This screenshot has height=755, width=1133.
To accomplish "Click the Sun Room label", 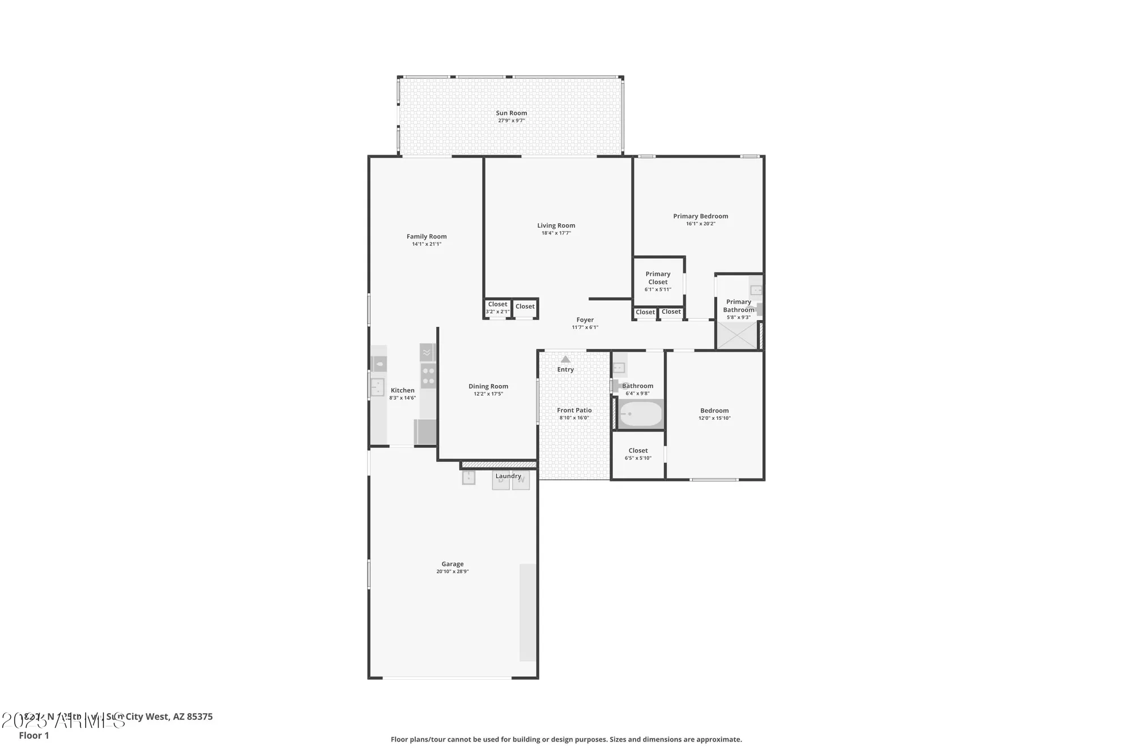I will point(511,113).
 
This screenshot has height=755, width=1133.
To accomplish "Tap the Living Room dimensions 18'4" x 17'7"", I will point(556,233).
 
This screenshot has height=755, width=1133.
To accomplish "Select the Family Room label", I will point(426,237).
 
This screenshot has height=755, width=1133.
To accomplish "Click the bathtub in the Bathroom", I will point(640,414).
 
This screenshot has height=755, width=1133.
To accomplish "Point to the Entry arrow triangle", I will point(565,359).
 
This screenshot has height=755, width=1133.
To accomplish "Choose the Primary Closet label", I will point(658,278).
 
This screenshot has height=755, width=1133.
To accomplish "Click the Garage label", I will point(452,564).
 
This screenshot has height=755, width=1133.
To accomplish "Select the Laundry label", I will point(508,476).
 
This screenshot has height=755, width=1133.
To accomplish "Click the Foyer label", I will point(585,320).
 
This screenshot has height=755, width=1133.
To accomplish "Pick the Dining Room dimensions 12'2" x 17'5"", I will point(488,394).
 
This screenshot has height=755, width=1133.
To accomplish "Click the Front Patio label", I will point(574,411).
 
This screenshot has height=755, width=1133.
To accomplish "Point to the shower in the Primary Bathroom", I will point(736,335).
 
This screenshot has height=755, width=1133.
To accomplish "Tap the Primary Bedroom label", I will point(700,216).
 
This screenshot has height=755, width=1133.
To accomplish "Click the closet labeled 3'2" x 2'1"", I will point(497,308).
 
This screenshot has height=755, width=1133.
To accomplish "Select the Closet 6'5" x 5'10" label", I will point(638,451).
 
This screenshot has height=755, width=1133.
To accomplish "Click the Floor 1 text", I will point(34,736).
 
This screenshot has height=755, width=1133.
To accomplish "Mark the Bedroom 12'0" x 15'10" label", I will point(714,411).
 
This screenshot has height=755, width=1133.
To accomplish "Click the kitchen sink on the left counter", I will point(377,388).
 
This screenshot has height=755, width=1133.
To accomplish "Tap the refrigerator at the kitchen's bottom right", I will point(425,432).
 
